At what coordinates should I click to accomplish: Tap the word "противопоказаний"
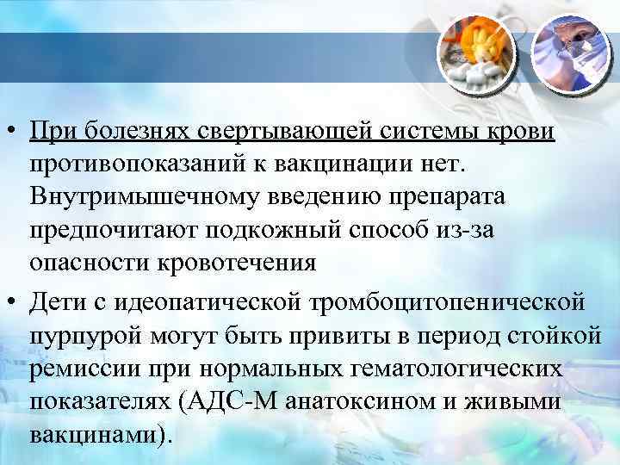click(x=127, y=164)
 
